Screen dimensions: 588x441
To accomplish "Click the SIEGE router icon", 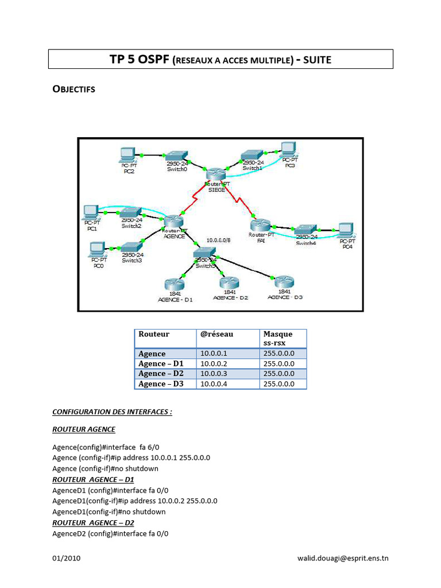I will tap(216, 175).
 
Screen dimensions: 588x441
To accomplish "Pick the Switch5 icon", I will tap(204, 253).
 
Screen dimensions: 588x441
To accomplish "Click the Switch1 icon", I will tap(252, 155).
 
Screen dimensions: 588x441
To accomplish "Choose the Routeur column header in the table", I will tap(154, 334).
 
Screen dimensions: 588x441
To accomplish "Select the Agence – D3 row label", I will tap(161, 384).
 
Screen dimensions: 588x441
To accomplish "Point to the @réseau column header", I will tap(216, 334).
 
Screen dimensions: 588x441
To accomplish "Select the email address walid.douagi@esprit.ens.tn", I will tap(342, 558).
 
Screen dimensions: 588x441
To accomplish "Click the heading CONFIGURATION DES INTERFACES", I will tap(112, 412).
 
